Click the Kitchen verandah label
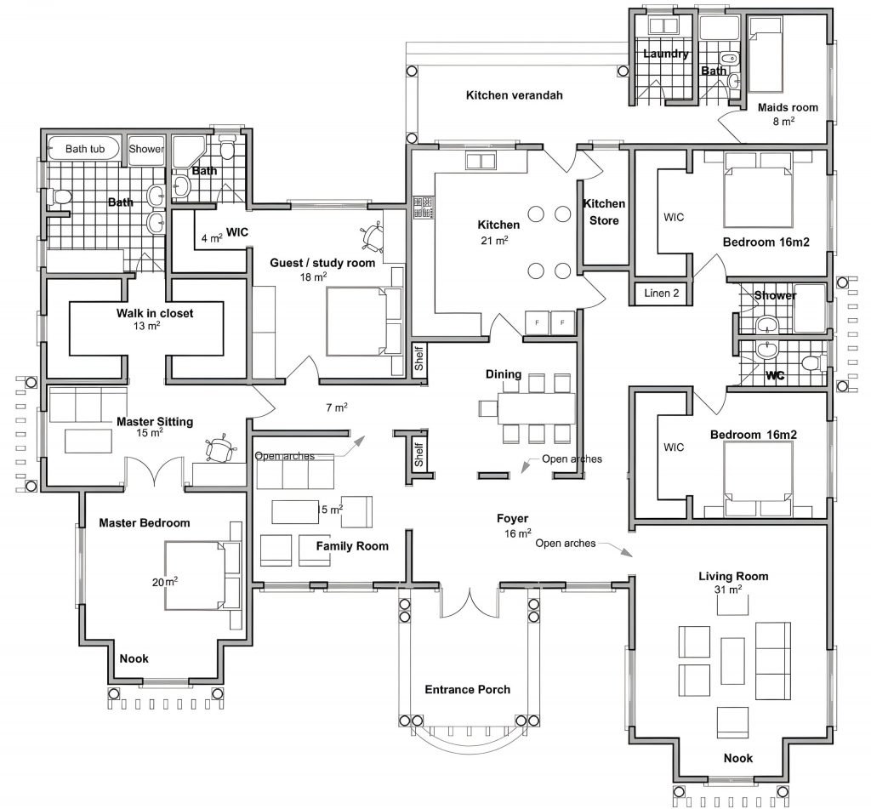tap(514, 95)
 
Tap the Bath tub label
tap(85, 148)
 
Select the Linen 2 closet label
tap(662, 293)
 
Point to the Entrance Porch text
tap(467, 690)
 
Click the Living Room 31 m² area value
tap(728, 590)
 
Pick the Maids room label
tap(788, 107)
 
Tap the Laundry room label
tap(665, 54)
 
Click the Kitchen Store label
tap(604, 212)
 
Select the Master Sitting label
tap(155, 421)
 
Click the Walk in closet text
tap(155, 313)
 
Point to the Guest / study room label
tap(322, 263)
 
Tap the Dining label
tap(504, 374)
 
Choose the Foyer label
tap(512, 518)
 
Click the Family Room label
tap(352, 546)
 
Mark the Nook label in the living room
tap(738, 758)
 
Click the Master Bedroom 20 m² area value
tap(165, 582)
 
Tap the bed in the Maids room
tap(766, 54)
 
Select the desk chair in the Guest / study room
tap(371, 236)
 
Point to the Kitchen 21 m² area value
tap(494, 241)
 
